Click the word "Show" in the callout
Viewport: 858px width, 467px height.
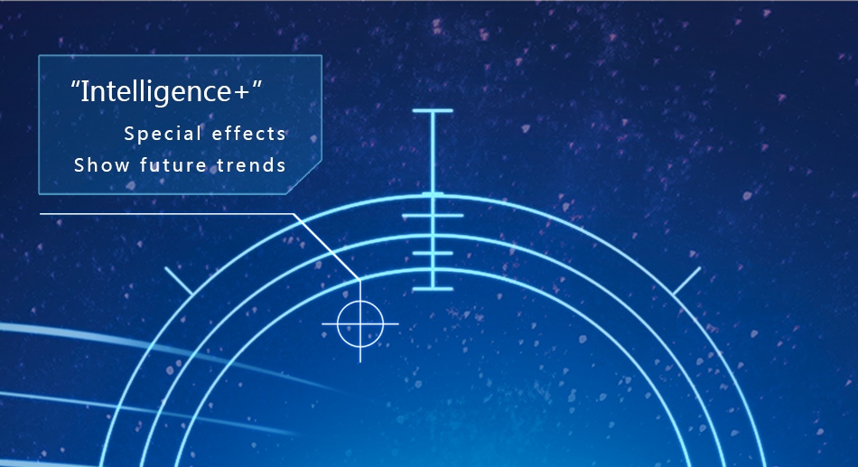pos(101,164)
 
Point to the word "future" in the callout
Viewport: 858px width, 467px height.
pos(173,164)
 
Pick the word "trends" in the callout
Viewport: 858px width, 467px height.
pos(251,164)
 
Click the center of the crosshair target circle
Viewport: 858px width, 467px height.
pos(360,324)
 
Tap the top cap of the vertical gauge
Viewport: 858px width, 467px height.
pos(433,110)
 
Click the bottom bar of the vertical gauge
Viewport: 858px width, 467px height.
pos(433,288)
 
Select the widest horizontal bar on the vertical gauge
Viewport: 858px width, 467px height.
pos(433,216)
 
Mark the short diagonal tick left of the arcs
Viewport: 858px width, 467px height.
pos(179,282)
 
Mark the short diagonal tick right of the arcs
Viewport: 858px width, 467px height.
pos(686,282)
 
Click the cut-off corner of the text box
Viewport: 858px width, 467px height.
pos(303,177)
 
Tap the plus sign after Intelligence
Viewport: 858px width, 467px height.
pos(241,92)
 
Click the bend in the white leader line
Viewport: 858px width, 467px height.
pos(294,214)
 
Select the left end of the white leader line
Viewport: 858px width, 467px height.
pos(41,214)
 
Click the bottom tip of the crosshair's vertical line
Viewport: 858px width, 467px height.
pos(360,362)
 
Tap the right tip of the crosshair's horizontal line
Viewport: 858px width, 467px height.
pos(398,324)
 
